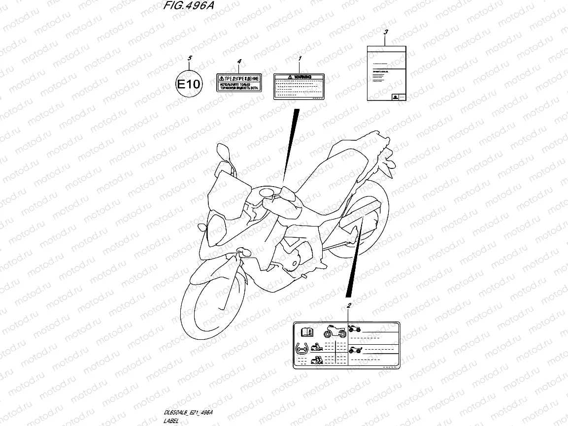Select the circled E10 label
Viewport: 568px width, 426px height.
click(189, 84)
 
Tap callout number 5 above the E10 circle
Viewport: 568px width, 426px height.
click(189, 59)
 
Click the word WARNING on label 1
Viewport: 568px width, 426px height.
click(302, 77)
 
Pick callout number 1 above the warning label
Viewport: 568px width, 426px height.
click(300, 58)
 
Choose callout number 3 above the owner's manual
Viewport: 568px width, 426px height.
click(386, 32)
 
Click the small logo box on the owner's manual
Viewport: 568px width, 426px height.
click(395, 97)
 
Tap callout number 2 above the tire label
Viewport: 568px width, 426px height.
click(349, 306)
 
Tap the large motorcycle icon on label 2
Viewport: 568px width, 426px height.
click(335, 331)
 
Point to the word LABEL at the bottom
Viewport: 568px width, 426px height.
click(170, 421)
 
